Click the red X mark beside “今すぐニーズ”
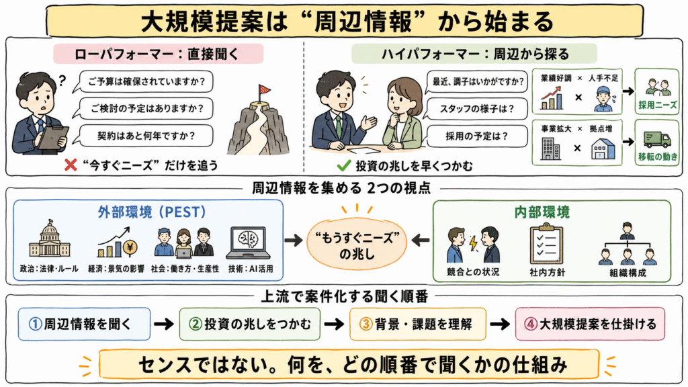tap(70, 165)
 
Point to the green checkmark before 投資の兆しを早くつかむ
tap(343, 165)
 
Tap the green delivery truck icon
tap(657, 139)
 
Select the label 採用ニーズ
tap(657, 105)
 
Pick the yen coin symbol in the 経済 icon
tap(130, 248)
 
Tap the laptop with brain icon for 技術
tap(249, 243)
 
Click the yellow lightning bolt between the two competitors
tap(473, 243)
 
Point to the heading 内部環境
tap(542, 212)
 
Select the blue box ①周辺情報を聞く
tap(84, 325)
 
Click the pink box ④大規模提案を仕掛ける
tap(590, 325)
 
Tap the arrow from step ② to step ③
tap(335, 325)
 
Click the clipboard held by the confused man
tap(52, 137)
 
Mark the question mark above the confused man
tap(62, 81)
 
